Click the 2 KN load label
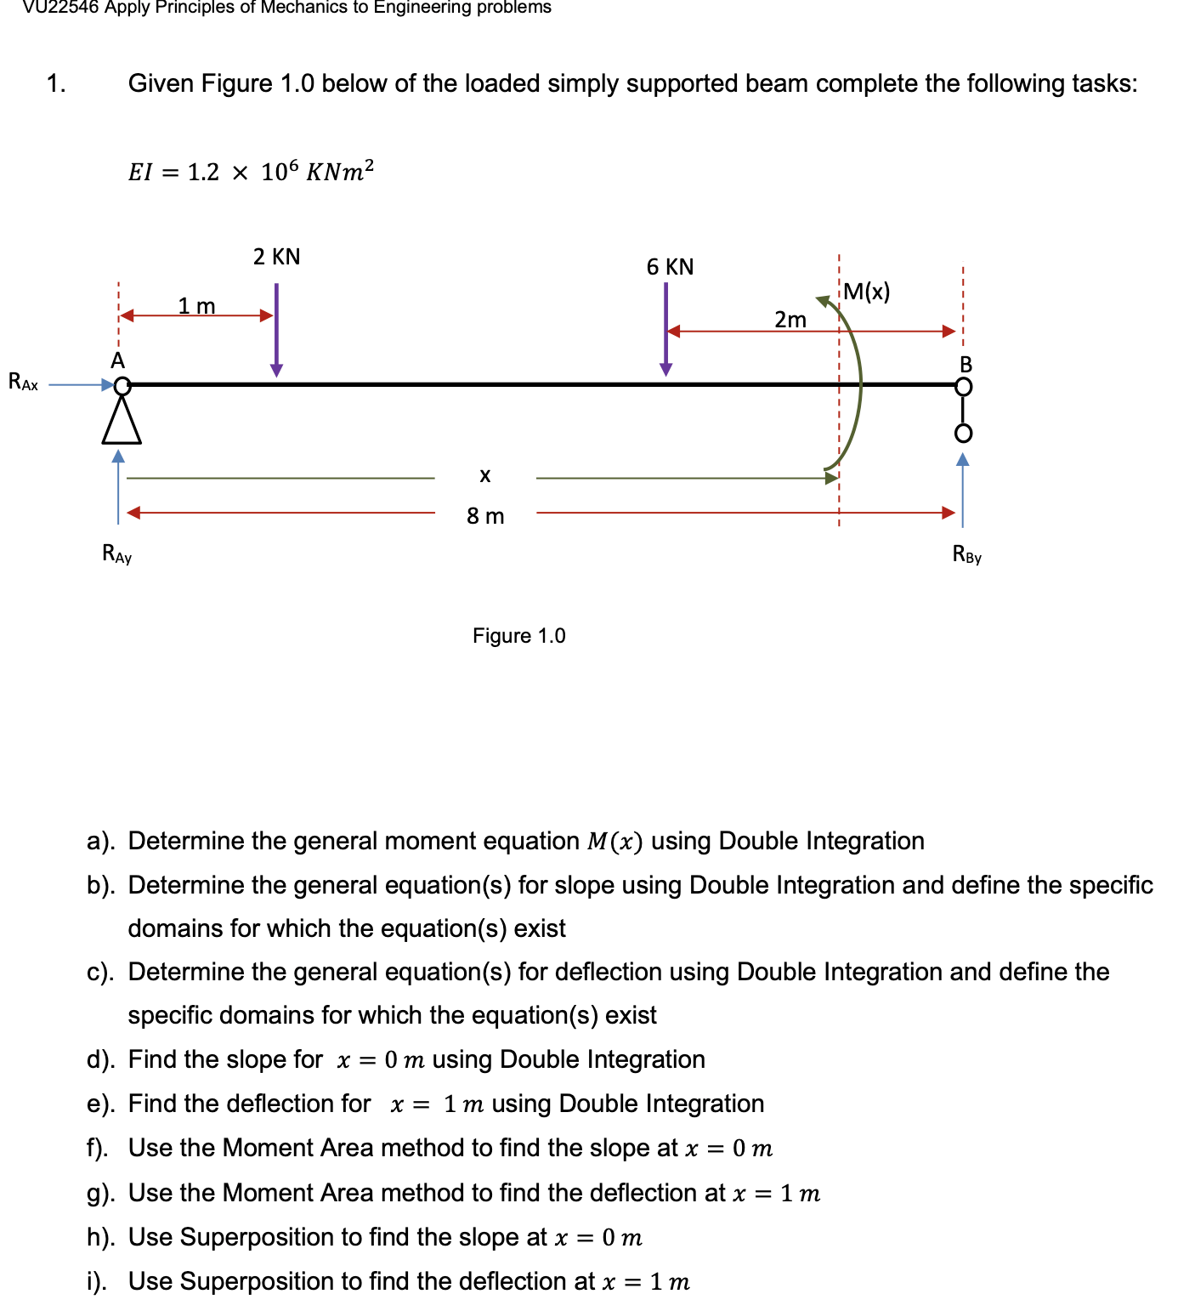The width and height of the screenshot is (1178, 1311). tap(276, 257)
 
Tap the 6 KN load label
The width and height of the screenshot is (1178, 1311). tap(670, 267)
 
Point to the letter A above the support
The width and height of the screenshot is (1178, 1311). tap(117, 360)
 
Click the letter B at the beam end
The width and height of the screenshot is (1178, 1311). tap(966, 365)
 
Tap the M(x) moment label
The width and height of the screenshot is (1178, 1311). tap(867, 292)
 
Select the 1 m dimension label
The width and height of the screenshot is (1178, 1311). tap(196, 305)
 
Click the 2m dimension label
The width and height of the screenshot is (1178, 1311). tap(790, 320)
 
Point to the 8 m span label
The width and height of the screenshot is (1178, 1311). tap(485, 516)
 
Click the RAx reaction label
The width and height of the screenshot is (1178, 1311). tap(23, 382)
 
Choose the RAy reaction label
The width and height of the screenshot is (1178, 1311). tap(116, 554)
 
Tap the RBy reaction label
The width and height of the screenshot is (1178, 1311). tap(966, 555)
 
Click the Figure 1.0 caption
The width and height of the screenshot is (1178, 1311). tap(518, 636)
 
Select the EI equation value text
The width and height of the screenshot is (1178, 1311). tap(251, 172)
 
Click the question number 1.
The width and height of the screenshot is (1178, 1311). tap(56, 83)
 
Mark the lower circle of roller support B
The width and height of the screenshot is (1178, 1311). tap(962, 434)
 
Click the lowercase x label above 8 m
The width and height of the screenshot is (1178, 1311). tap(484, 475)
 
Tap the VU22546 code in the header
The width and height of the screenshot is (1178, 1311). tap(59, 8)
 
